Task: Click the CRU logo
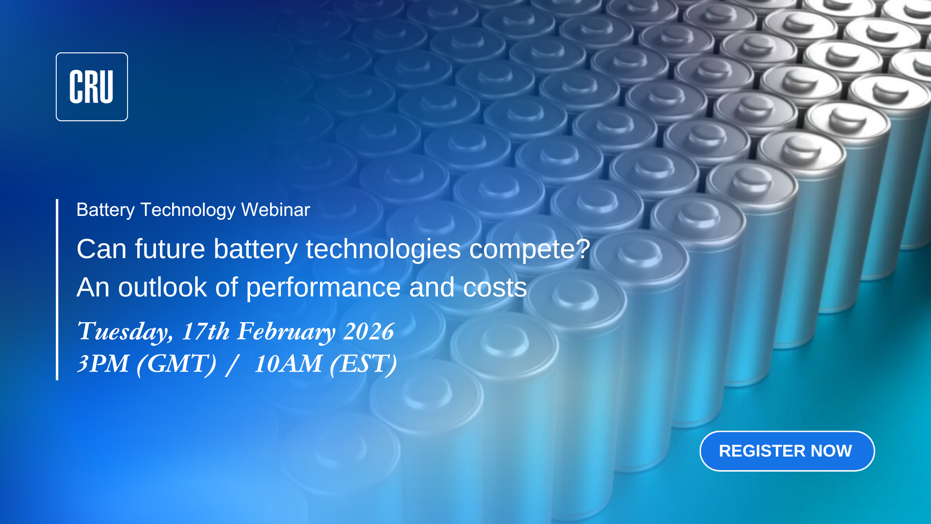click(x=92, y=87)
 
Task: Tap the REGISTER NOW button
click(x=787, y=451)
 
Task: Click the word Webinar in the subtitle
click(x=275, y=210)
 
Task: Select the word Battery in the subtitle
click(x=105, y=210)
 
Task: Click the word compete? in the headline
click(x=530, y=249)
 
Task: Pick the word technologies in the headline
click(x=383, y=249)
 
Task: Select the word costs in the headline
click(x=495, y=287)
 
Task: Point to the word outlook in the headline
click(x=162, y=287)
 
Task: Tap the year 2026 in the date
click(x=369, y=332)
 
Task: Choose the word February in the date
click(x=286, y=332)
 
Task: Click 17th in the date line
click(x=206, y=332)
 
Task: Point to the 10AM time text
click(x=288, y=364)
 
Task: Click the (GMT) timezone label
click(x=177, y=364)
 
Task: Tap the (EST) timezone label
click(x=363, y=364)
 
